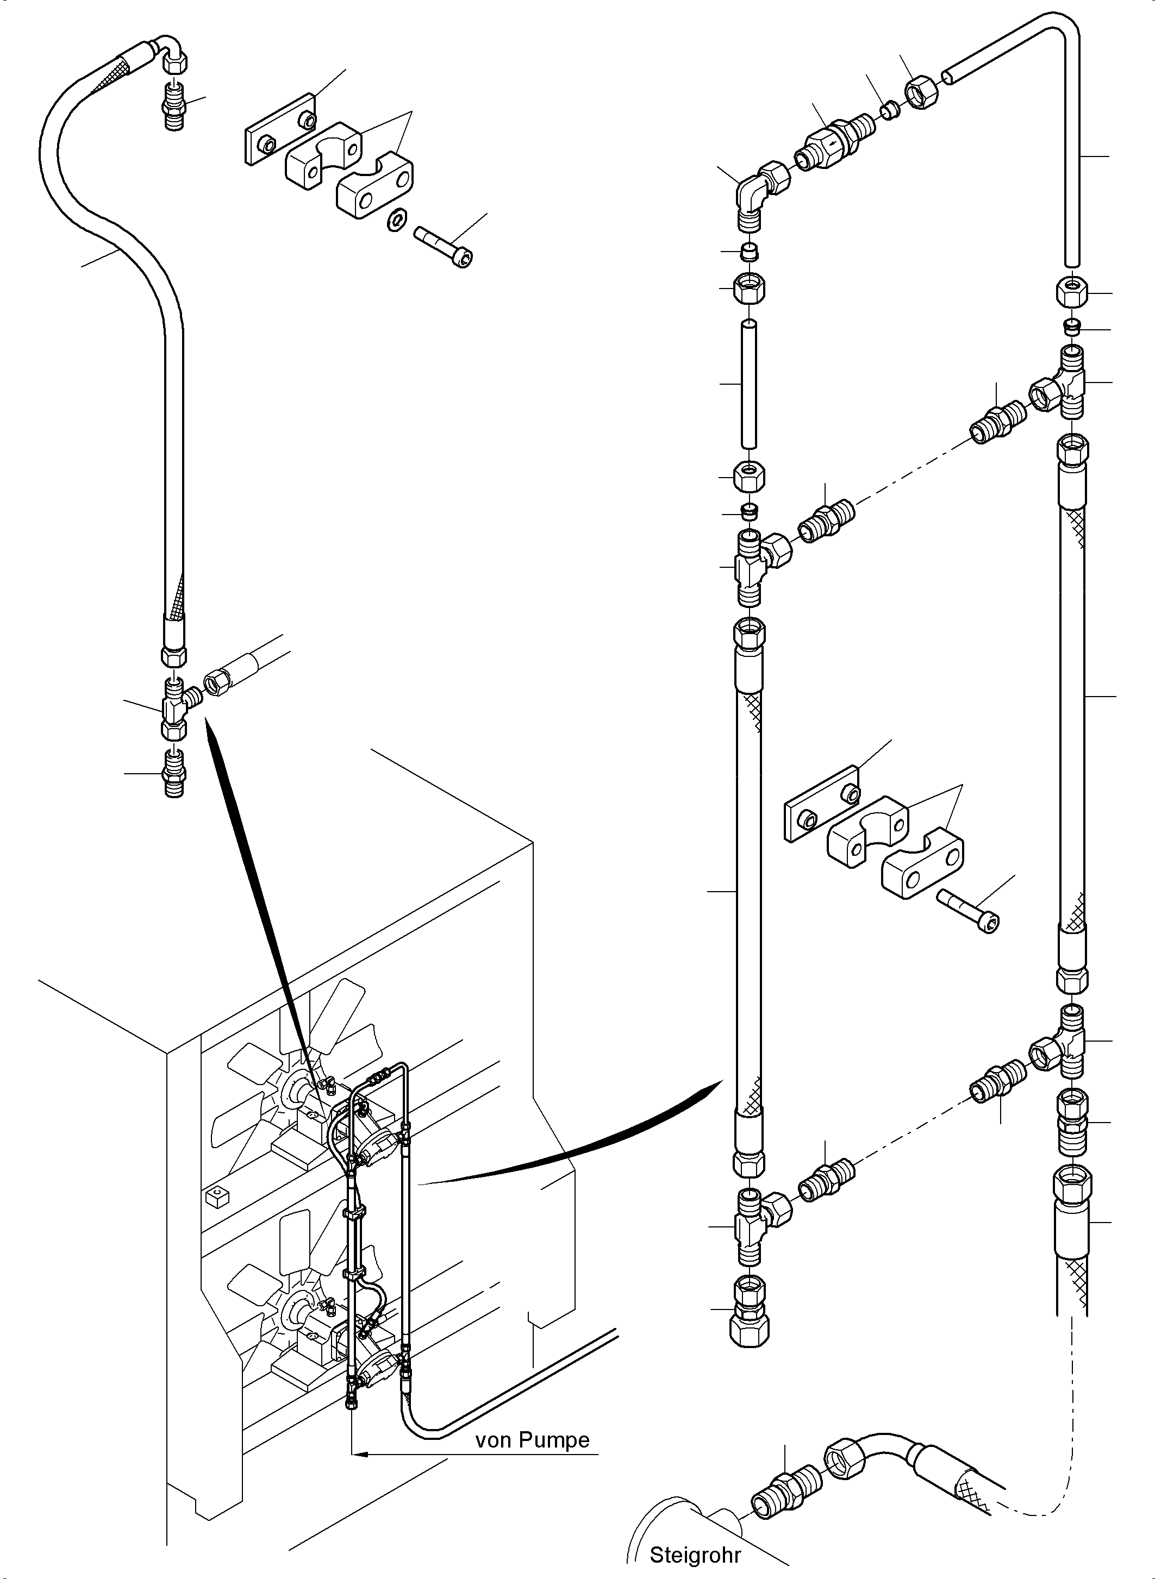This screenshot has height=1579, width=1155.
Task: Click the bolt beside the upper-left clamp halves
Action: point(444,246)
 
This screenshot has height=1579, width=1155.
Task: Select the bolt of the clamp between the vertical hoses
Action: point(969,911)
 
